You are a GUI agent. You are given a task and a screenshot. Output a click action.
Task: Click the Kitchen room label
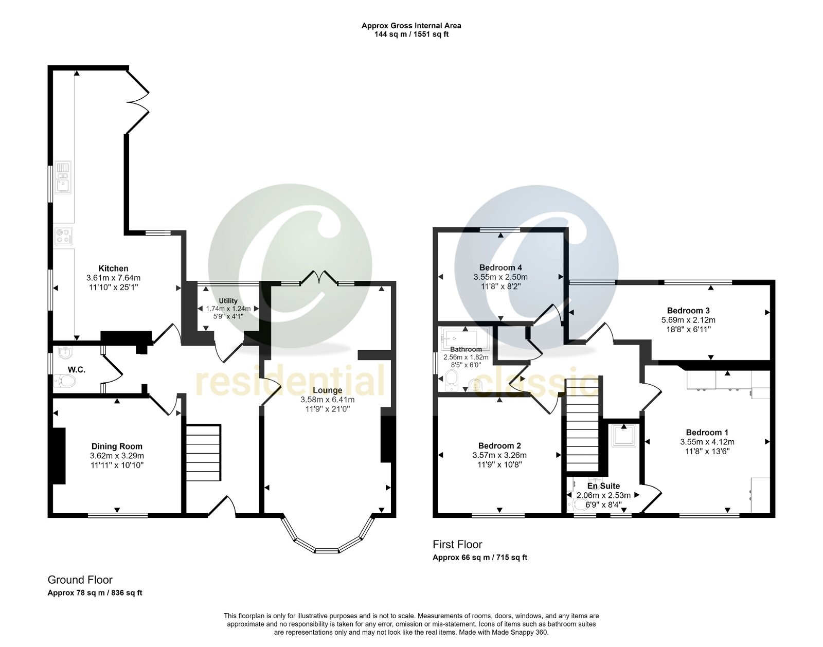pyautogui.click(x=113, y=268)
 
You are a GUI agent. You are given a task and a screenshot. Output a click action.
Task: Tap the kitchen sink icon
pyautogui.click(x=63, y=176)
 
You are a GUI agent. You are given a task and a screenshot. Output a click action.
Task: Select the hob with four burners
pyautogui.click(x=64, y=236)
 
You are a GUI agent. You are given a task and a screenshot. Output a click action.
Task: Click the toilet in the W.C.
pyautogui.click(x=64, y=381)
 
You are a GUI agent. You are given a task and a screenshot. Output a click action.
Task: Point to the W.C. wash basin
pyautogui.click(x=65, y=353)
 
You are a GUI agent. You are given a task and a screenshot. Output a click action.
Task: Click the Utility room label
pyautogui.click(x=228, y=301)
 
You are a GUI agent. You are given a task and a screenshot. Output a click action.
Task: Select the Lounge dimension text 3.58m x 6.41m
pyautogui.click(x=327, y=400)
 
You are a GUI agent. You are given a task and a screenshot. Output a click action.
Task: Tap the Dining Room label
pyautogui.click(x=117, y=446)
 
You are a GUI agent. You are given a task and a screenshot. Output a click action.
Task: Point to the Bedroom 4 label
pyautogui.click(x=500, y=267)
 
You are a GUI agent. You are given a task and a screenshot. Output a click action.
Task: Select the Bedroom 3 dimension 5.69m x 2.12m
pyautogui.click(x=688, y=320)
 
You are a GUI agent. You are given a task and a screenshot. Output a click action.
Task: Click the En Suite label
pyautogui.click(x=603, y=486)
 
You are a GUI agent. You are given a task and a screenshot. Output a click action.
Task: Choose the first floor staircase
pyautogui.click(x=583, y=424)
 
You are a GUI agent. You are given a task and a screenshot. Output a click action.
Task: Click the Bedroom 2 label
pyautogui.click(x=499, y=446)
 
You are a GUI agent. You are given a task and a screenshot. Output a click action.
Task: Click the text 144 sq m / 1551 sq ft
pyautogui.click(x=411, y=34)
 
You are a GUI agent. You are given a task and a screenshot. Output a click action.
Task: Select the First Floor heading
pyautogui.click(x=457, y=544)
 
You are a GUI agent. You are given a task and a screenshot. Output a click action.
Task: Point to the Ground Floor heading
pyautogui.click(x=80, y=580)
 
